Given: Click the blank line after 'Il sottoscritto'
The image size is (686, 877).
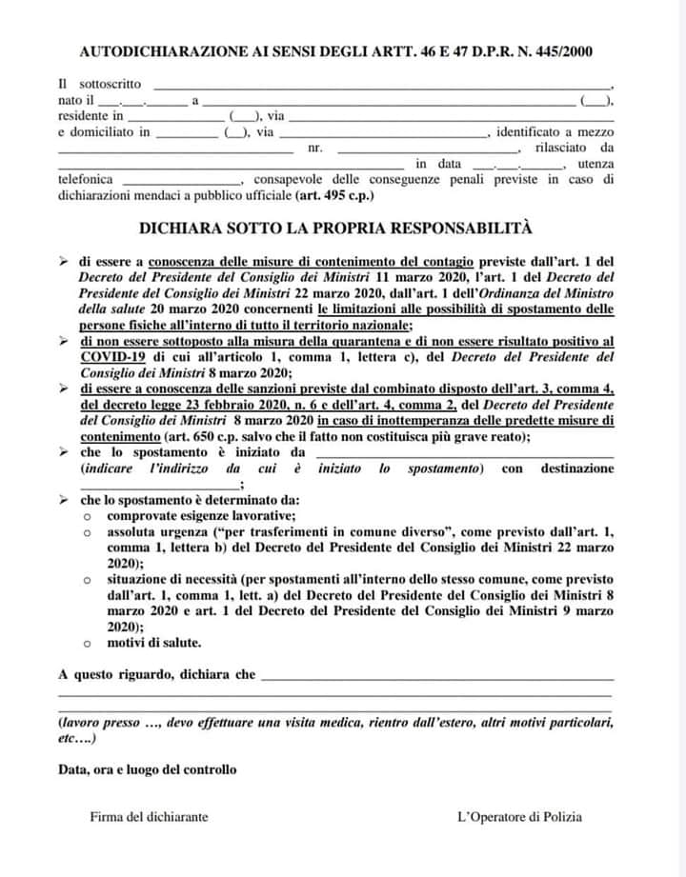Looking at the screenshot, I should pyautogui.click(x=381, y=87).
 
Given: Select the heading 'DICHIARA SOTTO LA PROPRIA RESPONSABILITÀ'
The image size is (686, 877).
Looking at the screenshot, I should pyautogui.click(x=335, y=229).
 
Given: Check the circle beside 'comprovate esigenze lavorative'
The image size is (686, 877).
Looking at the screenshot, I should pyautogui.click(x=86, y=515).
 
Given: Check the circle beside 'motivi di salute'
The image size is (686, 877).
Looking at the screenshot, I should pyautogui.click(x=86, y=643).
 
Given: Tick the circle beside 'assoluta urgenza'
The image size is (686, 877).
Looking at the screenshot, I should pyautogui.click(x=86, y=532).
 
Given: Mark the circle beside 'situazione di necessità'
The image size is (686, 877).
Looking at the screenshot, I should pyautogui.click(x=86, y=579).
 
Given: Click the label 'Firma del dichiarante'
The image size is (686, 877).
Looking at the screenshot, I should pyautogui.click(x=150, y=816).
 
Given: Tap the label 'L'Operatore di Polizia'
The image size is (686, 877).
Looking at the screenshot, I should pyautogui.click(x=519, y=816).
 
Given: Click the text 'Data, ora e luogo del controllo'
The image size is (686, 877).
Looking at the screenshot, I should pyautogui.click(x=148, y=768).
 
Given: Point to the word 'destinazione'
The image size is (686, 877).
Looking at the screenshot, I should pyautogui.click(x=577, y=468).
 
